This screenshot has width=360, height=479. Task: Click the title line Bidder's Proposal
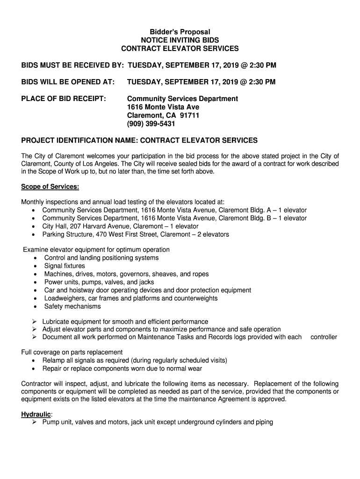pos(180,32)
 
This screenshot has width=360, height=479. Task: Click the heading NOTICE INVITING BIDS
pos(180,40)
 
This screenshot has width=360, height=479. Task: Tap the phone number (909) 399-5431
pos(151,124)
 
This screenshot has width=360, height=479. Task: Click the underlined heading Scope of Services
pos(50,187)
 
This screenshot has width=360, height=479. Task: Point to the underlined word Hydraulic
pos(36,414)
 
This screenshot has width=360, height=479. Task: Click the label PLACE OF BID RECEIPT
pos(64,99)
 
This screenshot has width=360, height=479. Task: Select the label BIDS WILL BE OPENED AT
pos(68,82)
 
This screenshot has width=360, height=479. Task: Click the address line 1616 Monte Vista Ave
pos(163,107)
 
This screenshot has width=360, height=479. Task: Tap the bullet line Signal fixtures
pos(65,266)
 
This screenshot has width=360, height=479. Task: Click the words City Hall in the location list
pos(54,226)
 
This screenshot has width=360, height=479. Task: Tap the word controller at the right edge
pos(324,337)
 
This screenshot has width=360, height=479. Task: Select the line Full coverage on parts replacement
pos(72,352)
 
